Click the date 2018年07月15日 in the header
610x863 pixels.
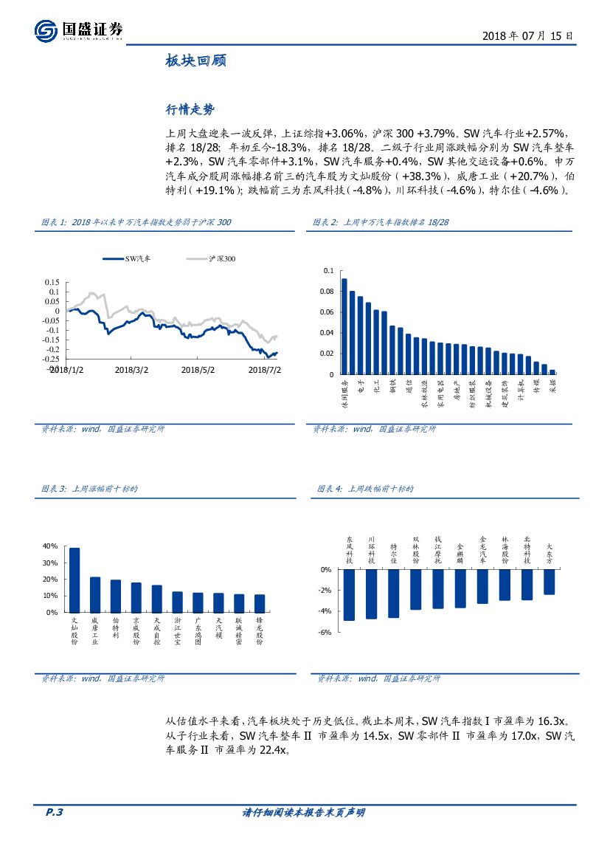527,36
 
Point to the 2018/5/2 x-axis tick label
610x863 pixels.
197,369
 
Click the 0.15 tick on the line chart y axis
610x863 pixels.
52,282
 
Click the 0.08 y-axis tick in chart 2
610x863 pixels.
327,292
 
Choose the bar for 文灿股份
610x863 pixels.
74,580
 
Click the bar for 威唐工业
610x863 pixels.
95,594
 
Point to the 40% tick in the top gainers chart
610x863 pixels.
50,546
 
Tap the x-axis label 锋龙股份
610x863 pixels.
260,631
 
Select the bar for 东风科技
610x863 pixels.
350,594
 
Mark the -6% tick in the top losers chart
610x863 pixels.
325,633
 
